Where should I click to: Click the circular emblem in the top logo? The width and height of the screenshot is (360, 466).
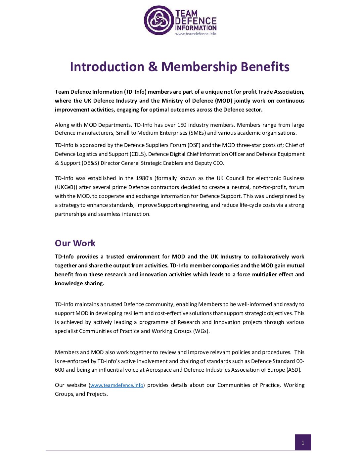click(158, 20)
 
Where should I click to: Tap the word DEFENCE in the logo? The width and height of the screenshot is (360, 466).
click(196, 21)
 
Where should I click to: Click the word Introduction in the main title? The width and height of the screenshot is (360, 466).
click(107, 67)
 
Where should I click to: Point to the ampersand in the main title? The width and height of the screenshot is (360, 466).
click(153, 67)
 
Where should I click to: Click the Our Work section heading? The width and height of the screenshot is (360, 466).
click(75, 243)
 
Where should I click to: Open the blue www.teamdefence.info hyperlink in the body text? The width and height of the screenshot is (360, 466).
click(116, 385)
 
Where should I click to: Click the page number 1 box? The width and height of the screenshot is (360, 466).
click(303, 443)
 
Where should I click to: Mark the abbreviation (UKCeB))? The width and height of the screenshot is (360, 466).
click(66, 187)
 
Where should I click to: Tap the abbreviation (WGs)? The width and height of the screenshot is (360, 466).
click(201, 331)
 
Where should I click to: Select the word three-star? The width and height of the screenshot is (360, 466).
click(248, 145)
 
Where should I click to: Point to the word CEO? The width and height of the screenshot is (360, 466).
click(218, 163)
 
